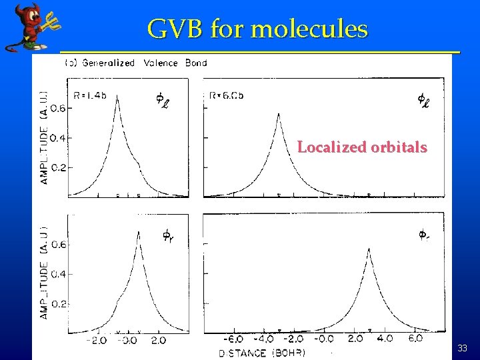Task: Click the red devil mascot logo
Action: (29, 27)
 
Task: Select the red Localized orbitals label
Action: (362, 147)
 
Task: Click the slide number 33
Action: (463, 348)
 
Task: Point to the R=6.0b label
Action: (226, 95)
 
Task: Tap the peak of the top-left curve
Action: (118, 96)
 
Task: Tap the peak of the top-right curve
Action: (279, 114)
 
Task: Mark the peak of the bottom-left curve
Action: (138, 232)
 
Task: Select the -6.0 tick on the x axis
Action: (233, 340)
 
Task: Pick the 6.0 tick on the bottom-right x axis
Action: (415, 339)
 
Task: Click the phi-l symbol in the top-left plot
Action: (162, 100)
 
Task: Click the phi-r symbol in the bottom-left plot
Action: (168, 235)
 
